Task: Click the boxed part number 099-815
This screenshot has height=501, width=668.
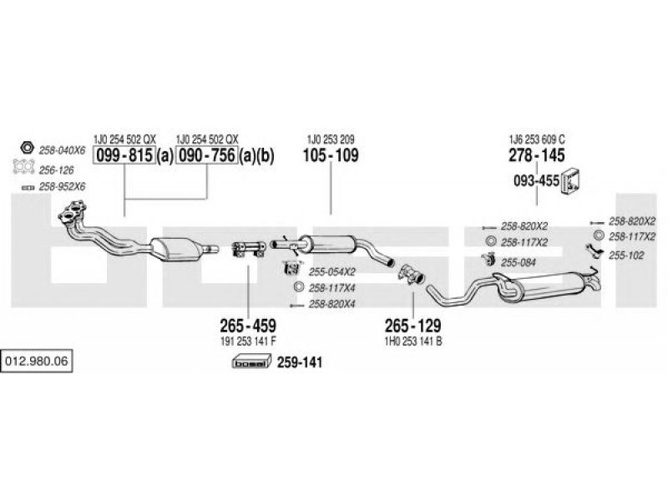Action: pyautogui.click(x=124, y=155)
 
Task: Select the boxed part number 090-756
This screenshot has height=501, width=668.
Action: pyautogui.click(x=206, y=155)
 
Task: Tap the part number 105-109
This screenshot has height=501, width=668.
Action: pyautogui.click(x=331, y=155)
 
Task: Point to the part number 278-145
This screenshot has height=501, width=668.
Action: pyautogui.click(x=537, y=155)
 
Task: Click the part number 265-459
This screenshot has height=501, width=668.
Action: pyautogui.click(x=248, y=326)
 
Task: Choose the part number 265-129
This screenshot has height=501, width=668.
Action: pyautogui.click(x=412, y=326)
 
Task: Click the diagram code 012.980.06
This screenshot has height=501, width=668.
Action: pyautogui.click(x=37, y=362)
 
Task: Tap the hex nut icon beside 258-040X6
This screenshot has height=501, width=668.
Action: pyautogui.click(x=27, y=148)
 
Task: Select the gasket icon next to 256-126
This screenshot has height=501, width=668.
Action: pyautogui.click(x=23, y=166)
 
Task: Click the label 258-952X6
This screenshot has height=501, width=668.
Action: pyautogui.click(x=62, y=186)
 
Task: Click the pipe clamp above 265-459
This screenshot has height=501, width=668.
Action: pyautogui.click(x=248, y=249)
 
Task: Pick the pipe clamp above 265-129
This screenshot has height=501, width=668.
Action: pyautogui.click(x=411, y=273)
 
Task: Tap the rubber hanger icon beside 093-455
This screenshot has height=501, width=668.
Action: pyautogui.click(x=571, y=181)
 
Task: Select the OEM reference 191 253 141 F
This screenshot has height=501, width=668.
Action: pyautogui.click(x=248, y=342)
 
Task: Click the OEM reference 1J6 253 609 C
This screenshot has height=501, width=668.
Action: pyautogui.click(x=537, y=139)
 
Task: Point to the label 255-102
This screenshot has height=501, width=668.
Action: pyautogui.click(x=626, y=256)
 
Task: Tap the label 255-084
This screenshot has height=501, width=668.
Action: pyautogui.click(x=518, y=262)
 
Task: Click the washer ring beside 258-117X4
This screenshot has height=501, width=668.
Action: pyautogui.click(x=299, y=287)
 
